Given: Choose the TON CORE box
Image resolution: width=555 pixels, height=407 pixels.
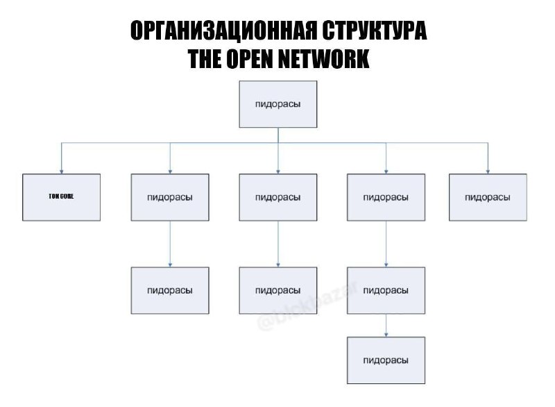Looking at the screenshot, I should tap(61, 197).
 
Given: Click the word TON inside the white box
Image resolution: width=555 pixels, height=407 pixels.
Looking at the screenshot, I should tap(54, 197).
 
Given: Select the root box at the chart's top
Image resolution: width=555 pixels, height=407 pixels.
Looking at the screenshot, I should tap(277, 104).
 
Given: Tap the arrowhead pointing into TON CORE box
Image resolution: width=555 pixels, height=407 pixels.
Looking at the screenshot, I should tap(61, 170).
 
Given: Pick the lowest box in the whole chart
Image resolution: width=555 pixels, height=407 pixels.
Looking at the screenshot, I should tap(386, 360).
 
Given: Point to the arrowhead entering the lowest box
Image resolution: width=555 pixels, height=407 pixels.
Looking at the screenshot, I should tap(386, 334).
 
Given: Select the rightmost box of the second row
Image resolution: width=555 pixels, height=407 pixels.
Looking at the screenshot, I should tap(487, 197).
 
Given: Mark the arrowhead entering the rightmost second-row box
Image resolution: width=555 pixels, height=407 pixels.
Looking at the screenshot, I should tap(487, 170).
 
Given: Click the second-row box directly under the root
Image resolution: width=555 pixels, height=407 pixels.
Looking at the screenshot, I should tap(277, 197).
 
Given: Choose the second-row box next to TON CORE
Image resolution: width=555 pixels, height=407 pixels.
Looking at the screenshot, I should tap(170, 197).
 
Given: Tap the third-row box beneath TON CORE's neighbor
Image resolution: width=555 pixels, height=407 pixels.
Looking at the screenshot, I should tap(170, 290).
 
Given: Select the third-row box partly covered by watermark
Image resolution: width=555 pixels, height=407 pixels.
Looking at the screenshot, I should tap(277, 290).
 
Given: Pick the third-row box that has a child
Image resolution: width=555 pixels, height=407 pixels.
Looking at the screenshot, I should tap(386, 290).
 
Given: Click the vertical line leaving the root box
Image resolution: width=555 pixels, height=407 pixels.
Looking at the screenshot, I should tap(277, 135).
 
